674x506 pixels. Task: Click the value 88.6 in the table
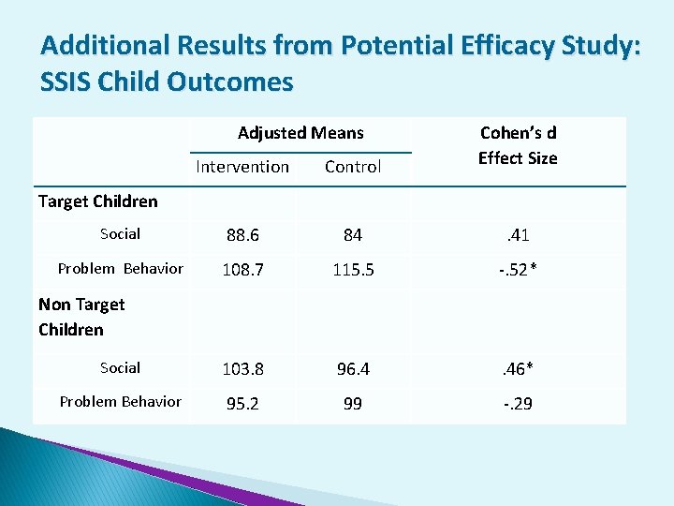tap(242, 235)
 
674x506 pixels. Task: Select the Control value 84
tap(352, 235)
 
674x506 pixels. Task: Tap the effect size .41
tap(518, 235)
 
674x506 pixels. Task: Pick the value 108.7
tap(242, 270)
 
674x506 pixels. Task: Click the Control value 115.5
tap(352, 270)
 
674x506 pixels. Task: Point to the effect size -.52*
tap(518, 270)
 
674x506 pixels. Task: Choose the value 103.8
tap(242, 369)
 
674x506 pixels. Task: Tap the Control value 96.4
tap(352, 369)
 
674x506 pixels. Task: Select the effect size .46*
tap(518, 369)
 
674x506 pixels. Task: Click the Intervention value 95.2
tap(242, 403)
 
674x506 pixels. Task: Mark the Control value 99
tap(352, 403)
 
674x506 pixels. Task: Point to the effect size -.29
tap(518, 403)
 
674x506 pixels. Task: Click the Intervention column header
tap(242, 167)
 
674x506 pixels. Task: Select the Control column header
tap(352, 167)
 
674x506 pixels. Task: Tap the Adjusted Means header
tap(300, 133)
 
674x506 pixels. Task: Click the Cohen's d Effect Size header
tap(518, 145)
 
